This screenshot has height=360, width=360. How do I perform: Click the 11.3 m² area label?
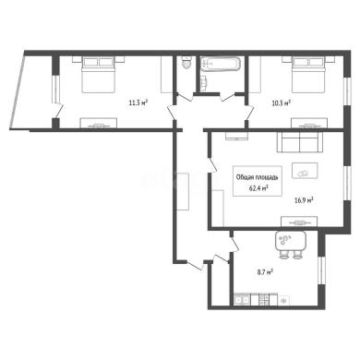[138, 103]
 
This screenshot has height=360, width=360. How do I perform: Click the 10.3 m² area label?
[282, 103]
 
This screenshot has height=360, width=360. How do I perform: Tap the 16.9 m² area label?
[304, 201]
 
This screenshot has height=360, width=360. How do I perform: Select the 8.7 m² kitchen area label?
[264, 272]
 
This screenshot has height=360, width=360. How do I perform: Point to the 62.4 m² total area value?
[258, 188]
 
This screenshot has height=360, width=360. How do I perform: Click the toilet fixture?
[186, 63]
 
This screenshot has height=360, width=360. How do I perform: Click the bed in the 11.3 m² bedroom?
[99, 75]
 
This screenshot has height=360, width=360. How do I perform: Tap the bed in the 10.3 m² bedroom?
[308, 75]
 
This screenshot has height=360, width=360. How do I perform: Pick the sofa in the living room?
[300, 142]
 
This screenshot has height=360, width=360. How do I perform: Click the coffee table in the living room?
[305, 171]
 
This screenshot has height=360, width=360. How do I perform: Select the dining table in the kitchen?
[291, 241]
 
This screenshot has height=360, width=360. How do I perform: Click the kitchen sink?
[242, 300]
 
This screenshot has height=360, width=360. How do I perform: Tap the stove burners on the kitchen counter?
[264, 300]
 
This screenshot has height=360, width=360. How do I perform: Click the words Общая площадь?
[258, 177]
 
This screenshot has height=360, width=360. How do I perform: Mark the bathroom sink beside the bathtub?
[204, 83]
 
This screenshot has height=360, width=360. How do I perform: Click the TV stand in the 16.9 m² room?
[299, 222]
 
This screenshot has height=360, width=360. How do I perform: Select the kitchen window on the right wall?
[321, 270]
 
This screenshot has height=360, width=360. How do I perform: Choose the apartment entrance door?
[196, 266]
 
